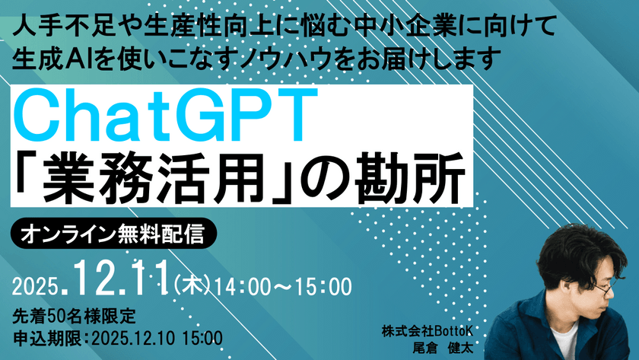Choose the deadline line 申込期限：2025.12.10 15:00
pyautogui.click(x=117, y=336)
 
